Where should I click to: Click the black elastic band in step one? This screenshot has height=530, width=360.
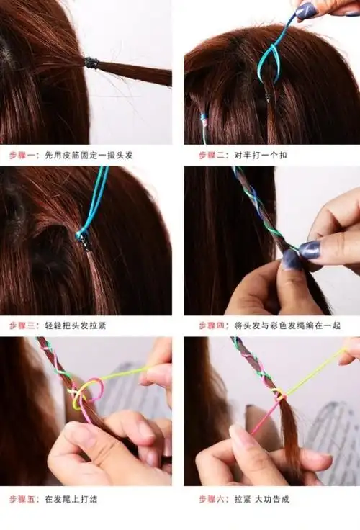pyautogui.click(x=91, y=63)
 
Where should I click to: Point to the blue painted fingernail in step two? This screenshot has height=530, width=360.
pyautogui.click(x=306, y=10)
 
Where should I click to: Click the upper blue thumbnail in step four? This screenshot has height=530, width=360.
pyautogui.click(x=310, y=249)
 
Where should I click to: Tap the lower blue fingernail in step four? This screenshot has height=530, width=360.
pyautogui.click(x=292, y=259)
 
